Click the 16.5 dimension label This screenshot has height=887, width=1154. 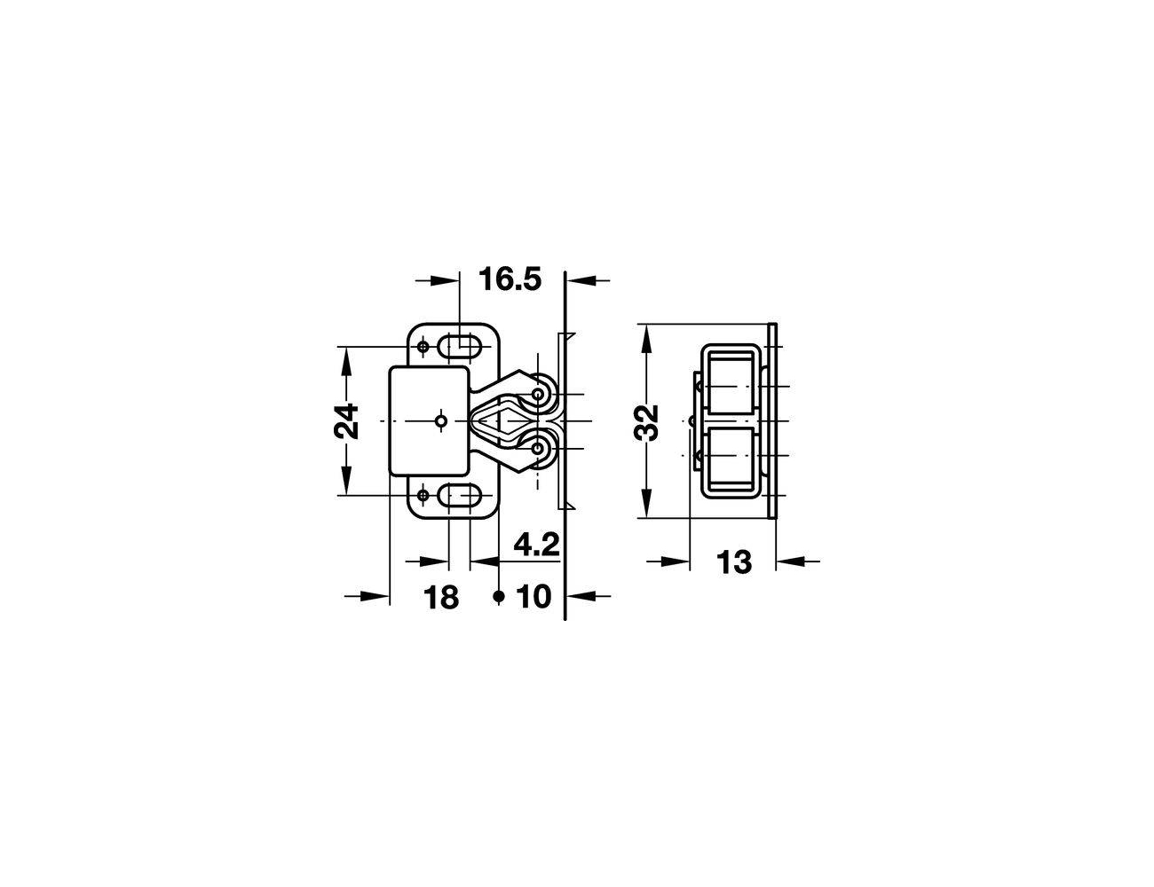(x=510, y=279)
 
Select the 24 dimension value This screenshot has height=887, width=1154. (x=346, y=421)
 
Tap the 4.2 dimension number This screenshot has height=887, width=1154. (x=536, y=545)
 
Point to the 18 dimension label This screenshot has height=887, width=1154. (x=441, y=597)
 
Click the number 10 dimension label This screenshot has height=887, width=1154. (x=534, y=597)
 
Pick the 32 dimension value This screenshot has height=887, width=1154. (x=646, y=423)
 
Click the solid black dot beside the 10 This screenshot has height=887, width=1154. (x=499, y=596)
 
